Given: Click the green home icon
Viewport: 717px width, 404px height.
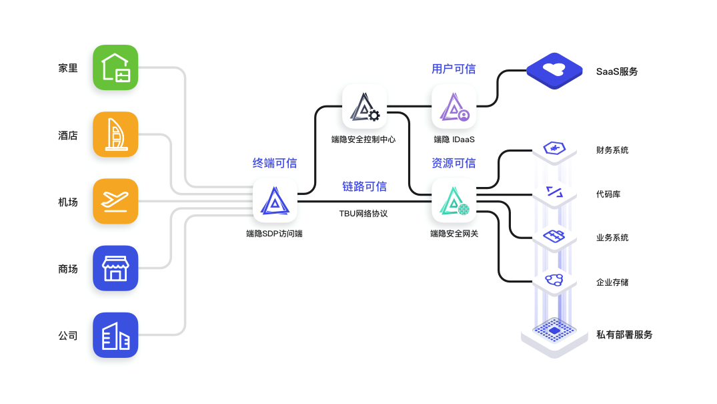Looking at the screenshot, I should point(115,67).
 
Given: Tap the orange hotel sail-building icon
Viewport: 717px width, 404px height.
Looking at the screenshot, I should point(115,134).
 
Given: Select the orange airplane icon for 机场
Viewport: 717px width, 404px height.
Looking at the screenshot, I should point(115,201).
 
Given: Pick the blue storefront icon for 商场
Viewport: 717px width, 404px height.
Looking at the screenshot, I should point(115,268).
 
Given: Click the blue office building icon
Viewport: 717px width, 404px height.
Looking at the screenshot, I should point(115,335).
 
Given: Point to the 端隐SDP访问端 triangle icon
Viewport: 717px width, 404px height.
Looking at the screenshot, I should point(275,200).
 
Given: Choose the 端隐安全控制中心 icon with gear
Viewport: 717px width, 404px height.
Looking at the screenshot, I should point(364,106).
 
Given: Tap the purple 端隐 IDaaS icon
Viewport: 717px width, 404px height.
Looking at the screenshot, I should point(454,106).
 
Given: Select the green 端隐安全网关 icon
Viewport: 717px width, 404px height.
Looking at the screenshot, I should point(454,200).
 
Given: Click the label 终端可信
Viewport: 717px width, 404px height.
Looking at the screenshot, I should point(275,163).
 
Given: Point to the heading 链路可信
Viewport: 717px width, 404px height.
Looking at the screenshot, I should point(364,186).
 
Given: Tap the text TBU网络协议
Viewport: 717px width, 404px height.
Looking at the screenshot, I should point(364,214).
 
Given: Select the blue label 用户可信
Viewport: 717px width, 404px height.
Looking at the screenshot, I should point(454,69).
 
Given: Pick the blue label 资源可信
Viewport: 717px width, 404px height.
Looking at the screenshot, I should point(454,163).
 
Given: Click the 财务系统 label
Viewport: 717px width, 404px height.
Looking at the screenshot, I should point(612,150).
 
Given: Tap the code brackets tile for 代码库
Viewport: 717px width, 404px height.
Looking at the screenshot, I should point(554,193).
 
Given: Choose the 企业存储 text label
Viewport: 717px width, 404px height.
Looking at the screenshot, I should point(612,282).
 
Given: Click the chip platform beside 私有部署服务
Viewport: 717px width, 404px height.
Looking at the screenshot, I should point(554,331).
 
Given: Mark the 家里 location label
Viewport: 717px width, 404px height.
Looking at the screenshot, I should point(68,68).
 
